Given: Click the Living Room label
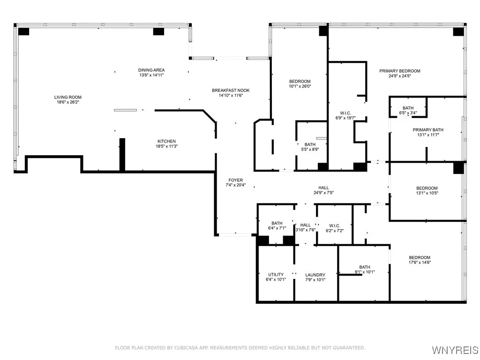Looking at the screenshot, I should pyautogui.click(x=67, y=97).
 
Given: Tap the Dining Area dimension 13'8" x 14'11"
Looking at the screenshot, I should pyautogui.click(x=151, y=75).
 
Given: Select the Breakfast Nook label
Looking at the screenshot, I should pyautogui.click(x=231, y=90).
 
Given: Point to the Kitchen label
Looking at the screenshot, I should pyautogui.click(x=166, y=141).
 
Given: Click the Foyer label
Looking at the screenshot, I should pyautogui.click(x=235, y=180).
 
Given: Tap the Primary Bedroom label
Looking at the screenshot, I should pyautogui.click(x=399, y=71).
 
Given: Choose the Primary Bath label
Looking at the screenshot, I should pyautogui.click(x=427, y=130).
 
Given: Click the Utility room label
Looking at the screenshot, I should pyautogui.click(x=276, y=275).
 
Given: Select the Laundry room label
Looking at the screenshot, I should pyautogui.click(x=315, y=275).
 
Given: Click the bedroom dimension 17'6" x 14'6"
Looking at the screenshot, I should pyautogui.click(x=420, y=263).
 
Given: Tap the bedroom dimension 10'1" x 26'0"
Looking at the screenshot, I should pyautogui.click(x=300, y=86).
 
